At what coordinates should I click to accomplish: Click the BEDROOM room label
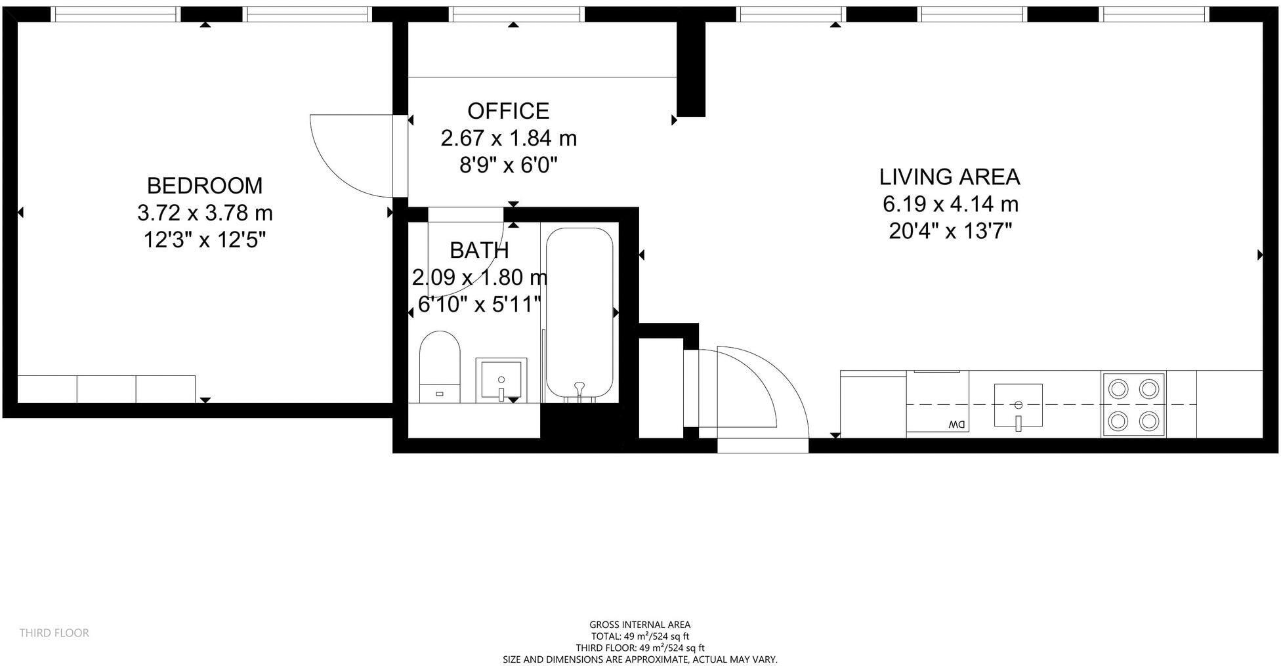click(204, 186)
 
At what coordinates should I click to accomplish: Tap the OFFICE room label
click(508, 111)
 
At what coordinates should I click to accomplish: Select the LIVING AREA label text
click(949, 177)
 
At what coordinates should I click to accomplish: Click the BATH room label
click(479, 251)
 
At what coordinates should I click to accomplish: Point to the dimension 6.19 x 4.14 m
click(950, 205)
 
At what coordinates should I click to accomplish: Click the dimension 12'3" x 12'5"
click(204, 240)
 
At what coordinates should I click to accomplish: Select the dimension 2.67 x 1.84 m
click(508, 138)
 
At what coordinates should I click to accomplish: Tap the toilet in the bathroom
click(439, 366)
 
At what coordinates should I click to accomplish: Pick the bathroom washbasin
click(501, 380)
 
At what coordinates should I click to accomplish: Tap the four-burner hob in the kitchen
click(1133, 404)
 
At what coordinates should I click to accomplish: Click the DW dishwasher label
click(956, 425)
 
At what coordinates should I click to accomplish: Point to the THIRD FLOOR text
click(54, 633)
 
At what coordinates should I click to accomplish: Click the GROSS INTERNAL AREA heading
click(639, 625)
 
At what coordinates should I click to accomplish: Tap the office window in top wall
click(516, 14)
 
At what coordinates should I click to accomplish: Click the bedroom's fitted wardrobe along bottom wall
click(106, 389)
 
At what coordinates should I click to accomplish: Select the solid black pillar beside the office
click(690, 69)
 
